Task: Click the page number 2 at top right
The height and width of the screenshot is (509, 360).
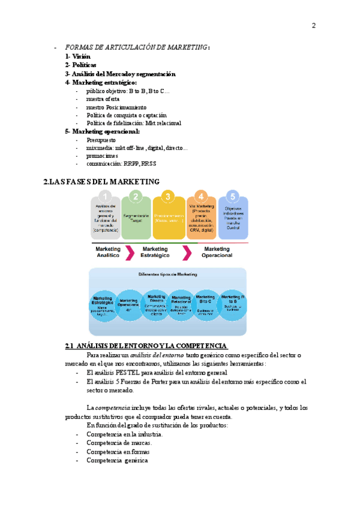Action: tap(313, 25)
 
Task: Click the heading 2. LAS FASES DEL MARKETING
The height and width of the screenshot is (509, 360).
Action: tap(101, 181)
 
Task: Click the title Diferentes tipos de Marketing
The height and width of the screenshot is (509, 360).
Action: tap(169, 275)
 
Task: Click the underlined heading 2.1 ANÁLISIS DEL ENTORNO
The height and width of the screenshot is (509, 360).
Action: tap(146, 346)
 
